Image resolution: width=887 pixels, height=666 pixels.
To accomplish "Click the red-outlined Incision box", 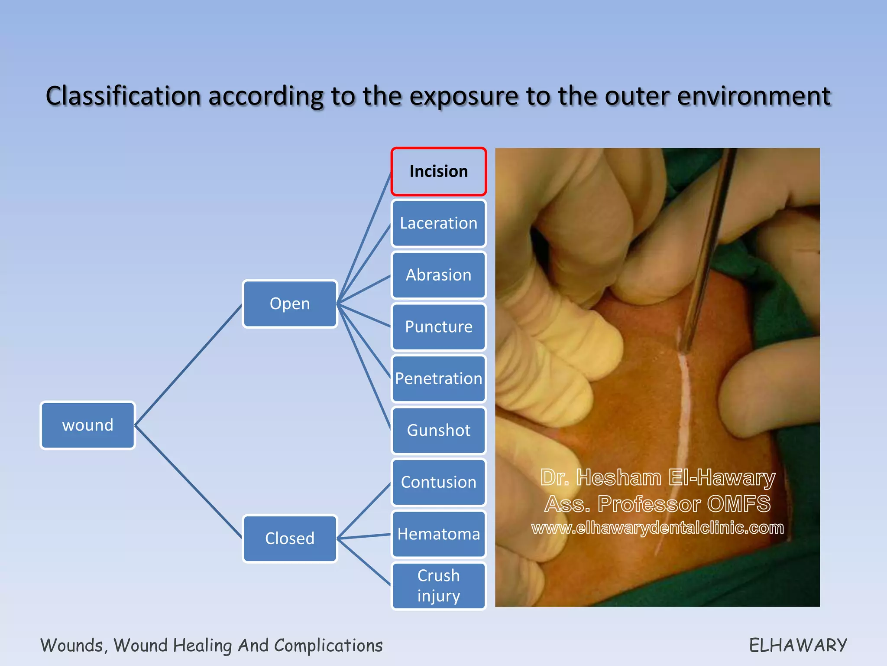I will click(439, 172).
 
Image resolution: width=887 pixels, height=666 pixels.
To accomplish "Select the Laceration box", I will click(439, 223).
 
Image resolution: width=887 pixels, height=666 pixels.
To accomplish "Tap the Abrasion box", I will click(439, 275).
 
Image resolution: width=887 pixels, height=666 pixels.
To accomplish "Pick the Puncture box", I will click(439, 326).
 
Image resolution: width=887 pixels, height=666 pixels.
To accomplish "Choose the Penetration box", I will click(439, 379).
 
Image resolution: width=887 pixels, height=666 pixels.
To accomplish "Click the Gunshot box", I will click(439, 430).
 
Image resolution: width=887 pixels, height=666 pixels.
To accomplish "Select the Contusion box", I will click(439, 482).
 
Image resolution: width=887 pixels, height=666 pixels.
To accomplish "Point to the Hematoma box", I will click(439, 534).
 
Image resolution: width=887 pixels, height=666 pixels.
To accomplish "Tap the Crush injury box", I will click(439, 586).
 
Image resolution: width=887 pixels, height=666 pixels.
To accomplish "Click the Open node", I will click(290, 304).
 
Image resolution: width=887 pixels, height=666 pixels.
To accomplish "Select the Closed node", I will click(290, 539).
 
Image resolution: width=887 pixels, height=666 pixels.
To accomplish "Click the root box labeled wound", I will click(88, 425).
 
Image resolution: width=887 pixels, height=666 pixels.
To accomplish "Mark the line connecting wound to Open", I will click(188, 365).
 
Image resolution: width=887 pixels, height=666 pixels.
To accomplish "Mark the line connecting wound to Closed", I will click(188, 481).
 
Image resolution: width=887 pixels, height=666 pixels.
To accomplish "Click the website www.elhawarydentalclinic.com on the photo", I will click(657, 528).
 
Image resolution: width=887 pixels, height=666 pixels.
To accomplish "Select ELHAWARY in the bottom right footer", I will click(798, 645).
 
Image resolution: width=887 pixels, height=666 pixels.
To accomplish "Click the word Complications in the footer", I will click(328, 646).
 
